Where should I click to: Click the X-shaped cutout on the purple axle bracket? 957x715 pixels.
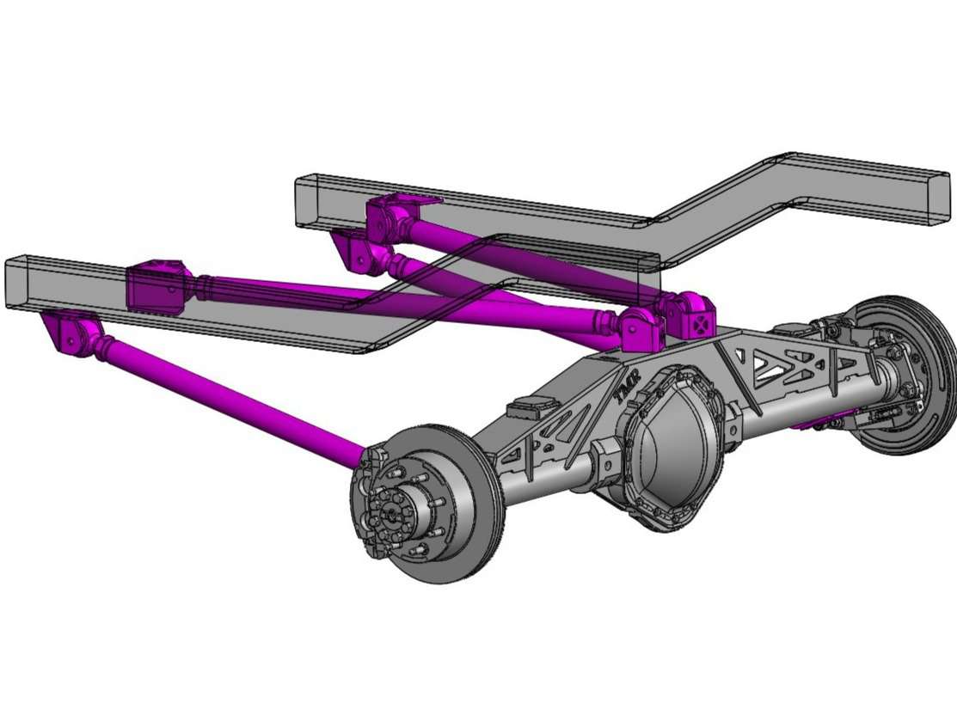[x=701, y=324]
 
